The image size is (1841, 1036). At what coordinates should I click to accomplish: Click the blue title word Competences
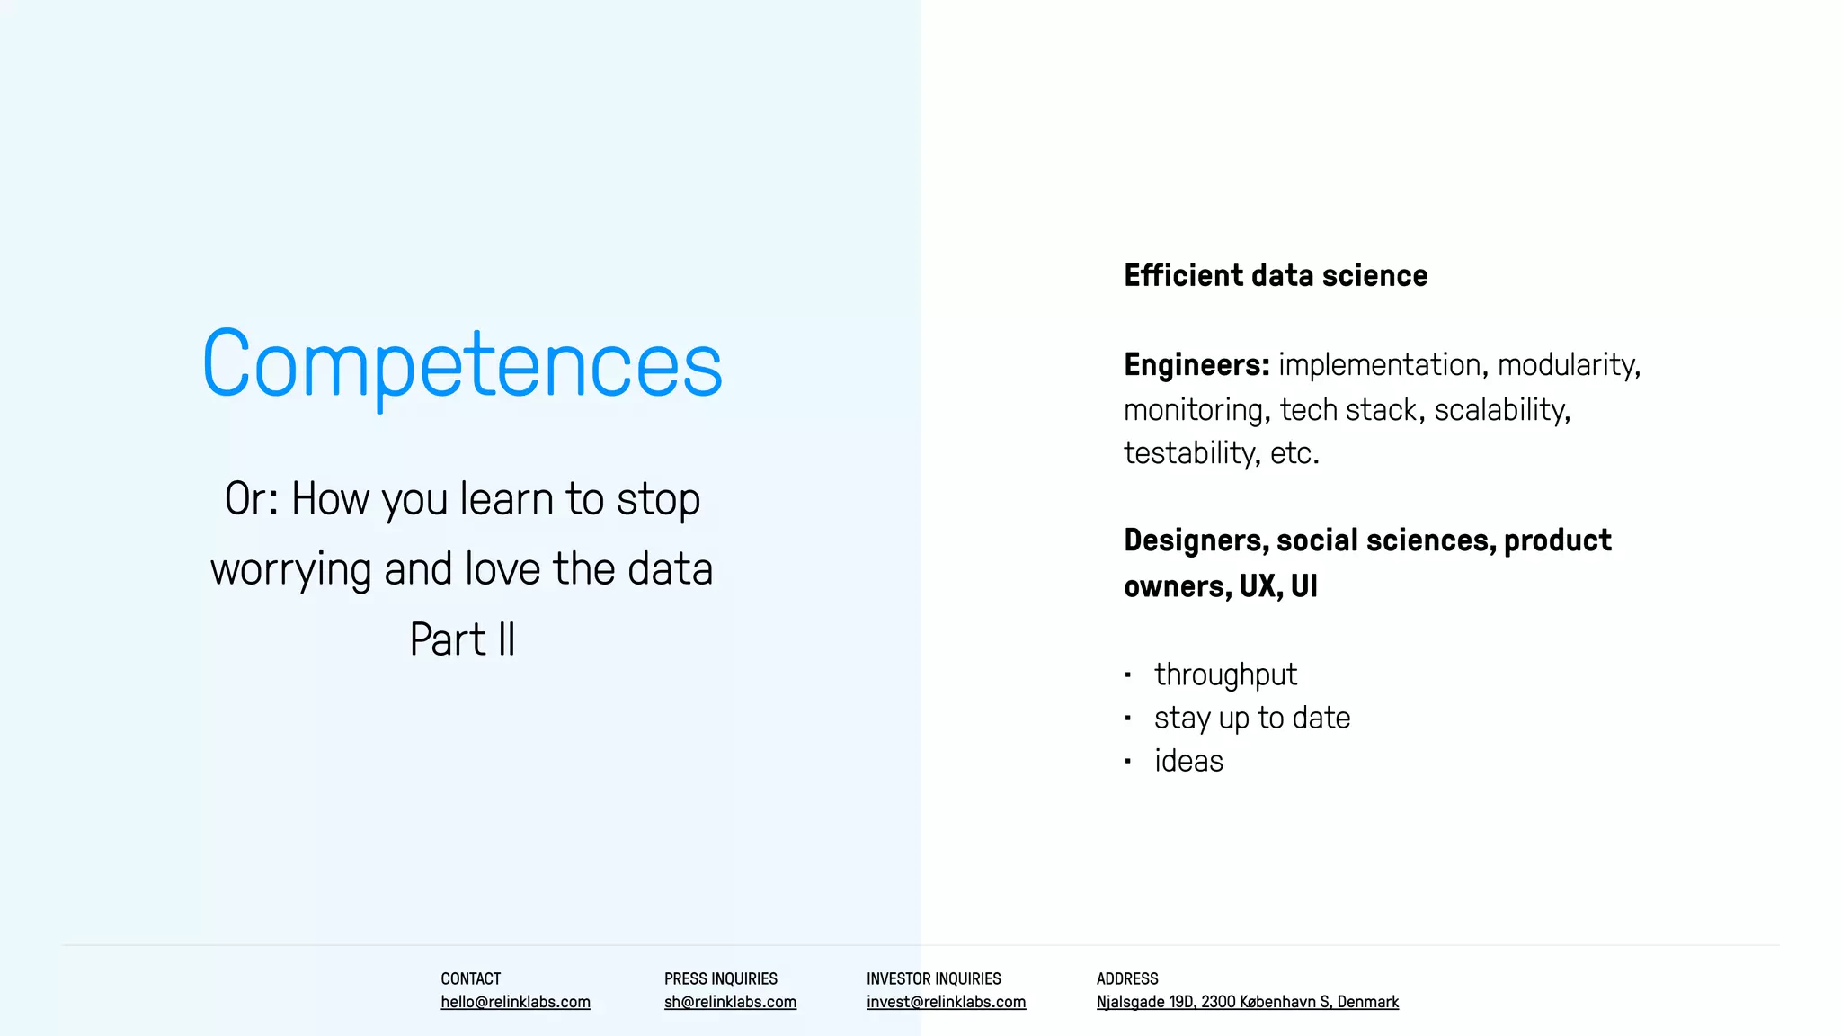[x=462, y=364]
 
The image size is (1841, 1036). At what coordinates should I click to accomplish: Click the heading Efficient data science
[x=1275, y=275]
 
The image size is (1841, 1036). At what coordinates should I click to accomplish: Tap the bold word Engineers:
[x=1196, y=365]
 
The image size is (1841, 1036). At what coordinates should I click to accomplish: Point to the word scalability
[x=1500, y=410]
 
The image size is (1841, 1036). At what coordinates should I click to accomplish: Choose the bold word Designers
[x=1194, y=540]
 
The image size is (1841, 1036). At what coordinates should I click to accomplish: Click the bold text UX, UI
[x=1277, y=586]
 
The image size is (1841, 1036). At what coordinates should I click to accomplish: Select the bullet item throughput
[x=1225, y=674]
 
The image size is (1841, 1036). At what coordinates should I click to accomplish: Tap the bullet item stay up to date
[x=1251, y=718]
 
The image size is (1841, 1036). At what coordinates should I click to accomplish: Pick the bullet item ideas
[x=1188, y=761]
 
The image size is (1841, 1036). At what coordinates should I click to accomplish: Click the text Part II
[x=462, y=639]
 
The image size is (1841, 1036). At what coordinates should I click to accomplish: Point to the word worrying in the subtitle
[x=289, y=570]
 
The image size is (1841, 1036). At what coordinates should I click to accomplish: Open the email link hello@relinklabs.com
[x=515, y=1002]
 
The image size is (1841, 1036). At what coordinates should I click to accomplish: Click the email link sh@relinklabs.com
[x=730, y=1002]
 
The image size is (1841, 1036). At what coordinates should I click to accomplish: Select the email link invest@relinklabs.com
[x=946, y=1002]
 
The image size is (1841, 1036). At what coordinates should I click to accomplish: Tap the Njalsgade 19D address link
[x=1247, y=1002]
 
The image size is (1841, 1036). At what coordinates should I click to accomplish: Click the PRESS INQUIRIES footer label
[x=720, y=978]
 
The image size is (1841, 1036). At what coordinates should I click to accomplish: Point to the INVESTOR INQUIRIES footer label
[x=933, y=978]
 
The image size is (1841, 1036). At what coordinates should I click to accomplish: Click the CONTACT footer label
[x=470, y=978]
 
